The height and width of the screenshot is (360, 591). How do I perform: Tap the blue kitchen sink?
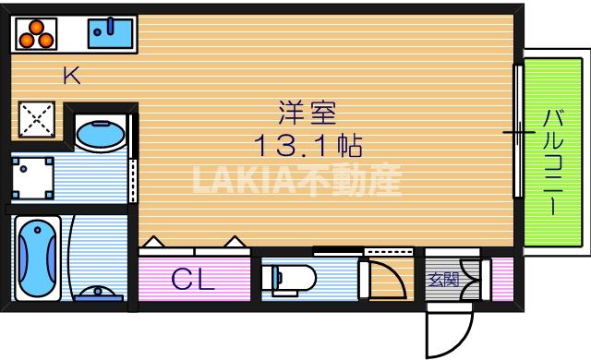click(112, 33)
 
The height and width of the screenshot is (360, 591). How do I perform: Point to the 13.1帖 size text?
click(308, 145)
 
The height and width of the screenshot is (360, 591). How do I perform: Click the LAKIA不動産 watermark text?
click(296, 181)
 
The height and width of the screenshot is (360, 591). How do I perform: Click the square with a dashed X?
click(38, 118)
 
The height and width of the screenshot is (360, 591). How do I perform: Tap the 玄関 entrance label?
click(441, 278)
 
